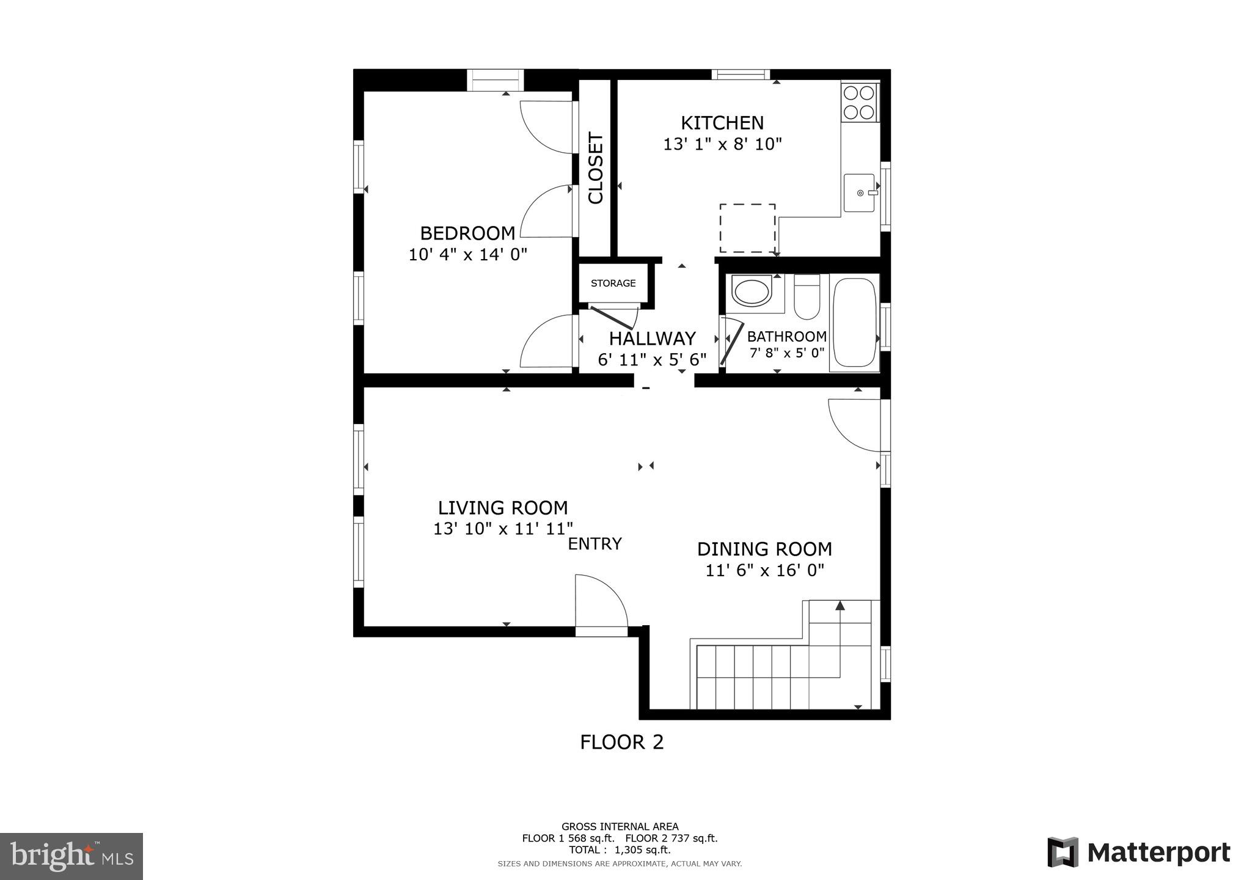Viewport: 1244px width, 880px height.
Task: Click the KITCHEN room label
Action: [x=722, y=123]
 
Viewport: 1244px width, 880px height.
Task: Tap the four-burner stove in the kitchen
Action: [x=858, y=102]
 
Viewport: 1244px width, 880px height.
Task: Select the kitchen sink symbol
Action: [x=860, y=193]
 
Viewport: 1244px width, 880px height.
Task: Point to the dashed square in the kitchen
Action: [x=747, y=228]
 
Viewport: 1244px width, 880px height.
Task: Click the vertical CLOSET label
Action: [x=595, y=168]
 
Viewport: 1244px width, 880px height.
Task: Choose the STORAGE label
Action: [x=613, y=283]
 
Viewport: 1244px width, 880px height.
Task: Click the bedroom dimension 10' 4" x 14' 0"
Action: [x=467, y=254]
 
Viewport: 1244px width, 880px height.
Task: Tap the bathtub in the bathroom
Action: [x=854, y=323]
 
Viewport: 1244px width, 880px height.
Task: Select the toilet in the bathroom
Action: [x=807, y=298]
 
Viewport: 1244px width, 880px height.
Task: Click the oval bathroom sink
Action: [x=752, y=291]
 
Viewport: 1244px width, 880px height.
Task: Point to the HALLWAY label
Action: [x=652, y=339]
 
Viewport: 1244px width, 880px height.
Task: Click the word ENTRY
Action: [x=595, y=544]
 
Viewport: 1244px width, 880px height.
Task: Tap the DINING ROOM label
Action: [x=764, y=549]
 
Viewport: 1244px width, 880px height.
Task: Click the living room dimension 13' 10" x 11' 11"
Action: [x=503, y=529]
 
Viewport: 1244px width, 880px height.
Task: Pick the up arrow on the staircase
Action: [x=840, y=606]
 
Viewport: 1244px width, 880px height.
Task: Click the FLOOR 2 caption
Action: [x=621, y=742]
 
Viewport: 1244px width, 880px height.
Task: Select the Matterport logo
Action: [x=1139, y=853]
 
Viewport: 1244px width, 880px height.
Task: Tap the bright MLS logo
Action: [x=71, y=856]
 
